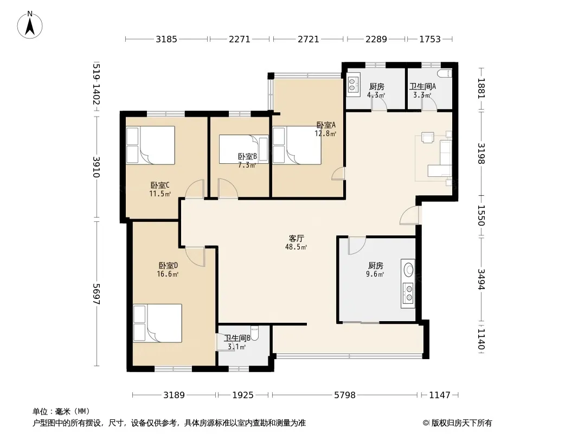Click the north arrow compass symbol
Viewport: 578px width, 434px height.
pyautogui.click(x=30, y=25)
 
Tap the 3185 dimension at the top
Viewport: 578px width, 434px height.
pyautogui.click(x=166, y=39)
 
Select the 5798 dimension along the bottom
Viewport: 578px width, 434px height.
pyautogui.click(x=345, y=395)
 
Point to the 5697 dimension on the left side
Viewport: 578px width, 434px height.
pyautogui.click(x=96, y=293)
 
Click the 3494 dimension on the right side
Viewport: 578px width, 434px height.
pyautogui.click(x=481, y=279)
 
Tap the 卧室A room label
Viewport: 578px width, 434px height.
pyautogui.click(x=326, y=125)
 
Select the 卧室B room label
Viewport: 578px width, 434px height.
pyautogui.click(x=247, y=157)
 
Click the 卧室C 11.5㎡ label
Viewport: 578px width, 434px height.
pyautogui.click(x=159, y=189)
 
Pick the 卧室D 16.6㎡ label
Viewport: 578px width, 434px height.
pyautogui.click(x=168, y=270)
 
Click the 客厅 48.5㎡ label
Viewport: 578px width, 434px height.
pyautogui.click(x=296, y=242)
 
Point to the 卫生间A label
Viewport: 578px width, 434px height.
pyautogui.click(x=422, y=86)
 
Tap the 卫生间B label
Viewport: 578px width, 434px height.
pyautogui.click(x=237, y=338)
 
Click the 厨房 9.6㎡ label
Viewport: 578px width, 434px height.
pyautogui.click(x=376, y=270)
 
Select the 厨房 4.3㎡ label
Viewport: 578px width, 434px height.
pyautogui.click(x=376, y=91)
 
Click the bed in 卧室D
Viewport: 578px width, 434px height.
pyautogui.click(x=157, y=323)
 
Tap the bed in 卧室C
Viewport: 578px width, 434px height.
pyautogui.click(x=150, y=145)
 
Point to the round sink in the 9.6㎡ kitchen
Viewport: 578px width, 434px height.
pyautogui.click(x=408, y=269)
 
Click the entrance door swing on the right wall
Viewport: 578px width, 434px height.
pyautogui.click(x=410, y=215)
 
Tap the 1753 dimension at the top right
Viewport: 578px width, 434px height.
pyautogui.click(x=430, y=39)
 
